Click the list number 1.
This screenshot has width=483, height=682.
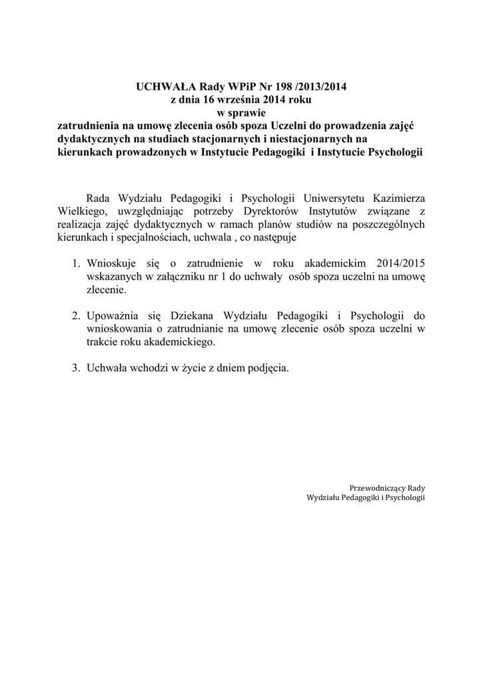tap(77, 263)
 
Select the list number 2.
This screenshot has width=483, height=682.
tap(77, 316)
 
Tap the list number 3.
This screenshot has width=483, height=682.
tap(77, 368)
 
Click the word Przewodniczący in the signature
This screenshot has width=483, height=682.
tap(378, 488)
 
